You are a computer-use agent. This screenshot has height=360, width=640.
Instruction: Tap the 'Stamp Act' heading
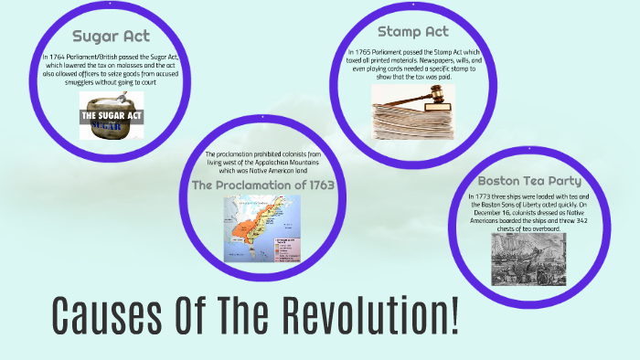411,33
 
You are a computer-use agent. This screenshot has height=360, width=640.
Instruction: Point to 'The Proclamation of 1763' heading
263,185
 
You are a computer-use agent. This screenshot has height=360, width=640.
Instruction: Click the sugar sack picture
111,116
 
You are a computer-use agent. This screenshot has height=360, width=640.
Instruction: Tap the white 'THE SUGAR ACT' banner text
111,115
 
